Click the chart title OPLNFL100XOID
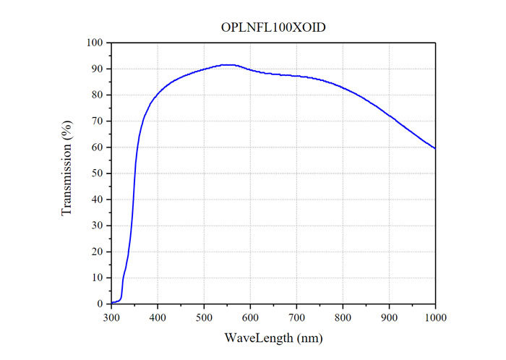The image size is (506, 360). (273, 27)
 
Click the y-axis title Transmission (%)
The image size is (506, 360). (67, 173)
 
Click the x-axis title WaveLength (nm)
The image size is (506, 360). (273, 338)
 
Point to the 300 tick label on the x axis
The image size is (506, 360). (111, 317)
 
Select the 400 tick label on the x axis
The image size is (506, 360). (158, 317)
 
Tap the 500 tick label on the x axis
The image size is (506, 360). (204, 317)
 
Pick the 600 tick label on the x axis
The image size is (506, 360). (250, 317)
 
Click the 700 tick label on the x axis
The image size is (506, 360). (296, 317)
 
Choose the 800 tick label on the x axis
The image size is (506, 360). (343, 317)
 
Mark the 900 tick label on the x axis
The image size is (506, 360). (389, 317)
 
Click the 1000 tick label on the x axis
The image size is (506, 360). (435, 317)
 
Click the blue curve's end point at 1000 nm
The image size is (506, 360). (435, 148)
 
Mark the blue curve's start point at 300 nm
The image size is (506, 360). (112, 302)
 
